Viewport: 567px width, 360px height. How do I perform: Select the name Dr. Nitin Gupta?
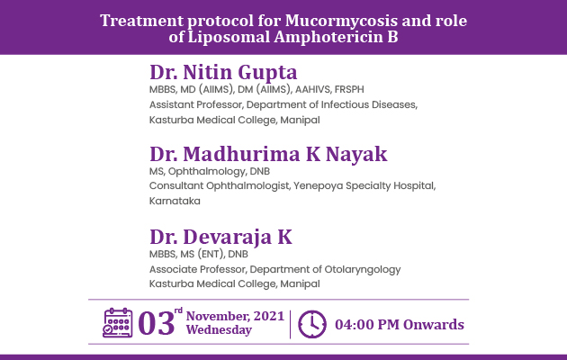point(223,72)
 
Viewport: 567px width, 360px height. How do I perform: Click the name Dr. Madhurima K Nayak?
point(268,154)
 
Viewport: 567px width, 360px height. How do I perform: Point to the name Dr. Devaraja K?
point(220,237)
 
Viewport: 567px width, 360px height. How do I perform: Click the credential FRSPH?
point(349,89)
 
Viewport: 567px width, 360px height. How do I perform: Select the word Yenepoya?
point(318,186)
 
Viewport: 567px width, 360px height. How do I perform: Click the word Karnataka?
point(175,201)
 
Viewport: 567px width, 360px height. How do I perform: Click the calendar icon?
point(118,323)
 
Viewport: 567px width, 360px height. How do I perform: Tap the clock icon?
point(312,324)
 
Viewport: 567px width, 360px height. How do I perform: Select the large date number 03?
point(157,324)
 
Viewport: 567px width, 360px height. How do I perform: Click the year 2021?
point(269,316)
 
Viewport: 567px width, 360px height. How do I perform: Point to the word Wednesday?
point(219,330)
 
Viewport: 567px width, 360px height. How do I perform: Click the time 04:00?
point(355,325)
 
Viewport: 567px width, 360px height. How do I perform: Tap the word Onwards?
point(434,325)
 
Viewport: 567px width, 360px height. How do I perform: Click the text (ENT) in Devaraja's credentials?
point(211,254)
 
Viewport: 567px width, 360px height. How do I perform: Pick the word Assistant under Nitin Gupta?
point(171,104)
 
